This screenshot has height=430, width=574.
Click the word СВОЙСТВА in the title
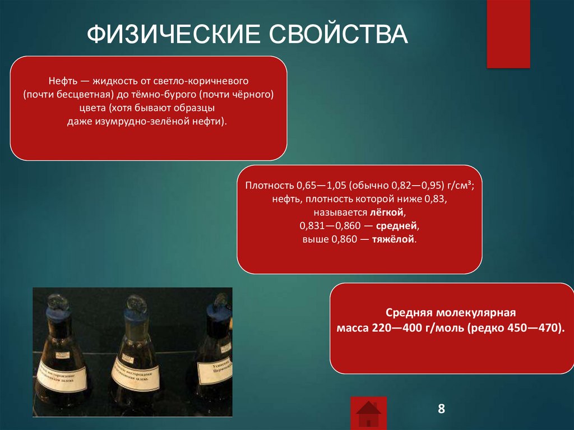pyautogui.click(x=340, y=35)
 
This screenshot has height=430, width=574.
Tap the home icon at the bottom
pyautogui.click(x=368, y=414)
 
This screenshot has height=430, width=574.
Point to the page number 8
pyautogui.click(x=441, y=408)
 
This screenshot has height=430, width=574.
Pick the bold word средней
pyautogui.click(x=401, y=226)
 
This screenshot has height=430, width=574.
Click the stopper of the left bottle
pyautogui.click(x=58, y=303)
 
